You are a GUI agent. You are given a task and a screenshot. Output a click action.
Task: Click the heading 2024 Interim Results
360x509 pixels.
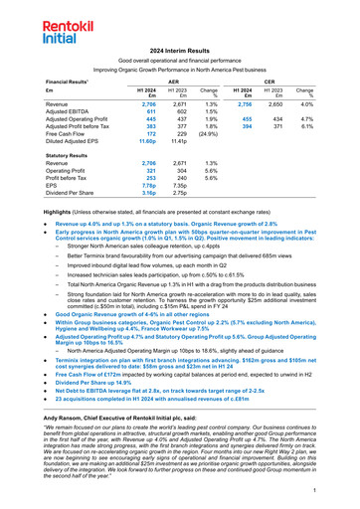click(x=180, y=49)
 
